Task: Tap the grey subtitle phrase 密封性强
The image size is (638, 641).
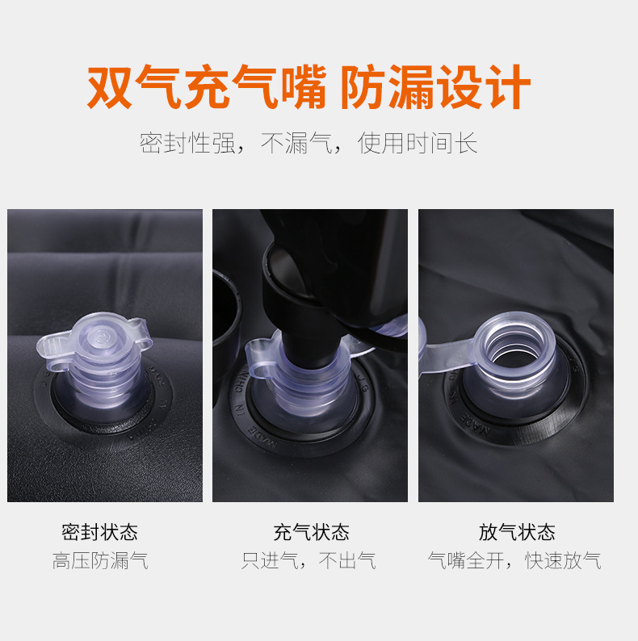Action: point(187,144)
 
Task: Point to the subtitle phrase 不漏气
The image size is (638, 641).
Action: point(296,144)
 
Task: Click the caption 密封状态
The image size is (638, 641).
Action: point(100,532)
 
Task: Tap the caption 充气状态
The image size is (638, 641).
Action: point(311,532)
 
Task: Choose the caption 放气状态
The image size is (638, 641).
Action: point(517,532)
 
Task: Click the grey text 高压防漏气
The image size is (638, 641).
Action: point(100,560)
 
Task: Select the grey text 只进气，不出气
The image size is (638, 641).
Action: point(309,560)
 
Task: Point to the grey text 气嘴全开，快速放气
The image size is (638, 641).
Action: point(514,560)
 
